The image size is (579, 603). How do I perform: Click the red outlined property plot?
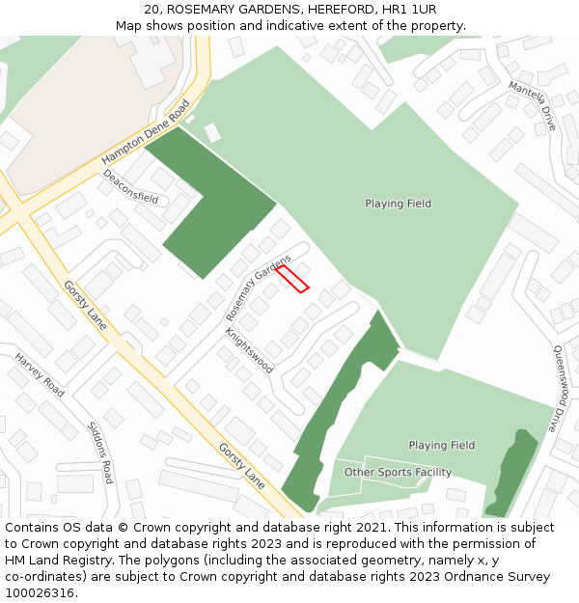tap(292, 278)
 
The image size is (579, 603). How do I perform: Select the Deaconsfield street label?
tap(130, 187)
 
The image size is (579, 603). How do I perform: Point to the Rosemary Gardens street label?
tap(258, 288)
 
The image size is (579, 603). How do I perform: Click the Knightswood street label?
tap(249, 350)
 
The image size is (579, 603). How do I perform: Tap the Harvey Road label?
tap(40, 374)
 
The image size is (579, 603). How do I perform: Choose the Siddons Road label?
tap(100, 452)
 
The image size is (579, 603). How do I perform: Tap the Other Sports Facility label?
tap(398, 473)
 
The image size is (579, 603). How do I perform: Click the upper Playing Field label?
tap(398, 204)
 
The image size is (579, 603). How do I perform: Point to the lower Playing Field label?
tap(441, 446)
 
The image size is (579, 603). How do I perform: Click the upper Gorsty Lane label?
tap(85, 305)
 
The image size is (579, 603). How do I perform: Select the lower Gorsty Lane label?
tap(241, 465)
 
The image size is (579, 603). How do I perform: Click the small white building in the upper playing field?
tap(212, 132)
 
